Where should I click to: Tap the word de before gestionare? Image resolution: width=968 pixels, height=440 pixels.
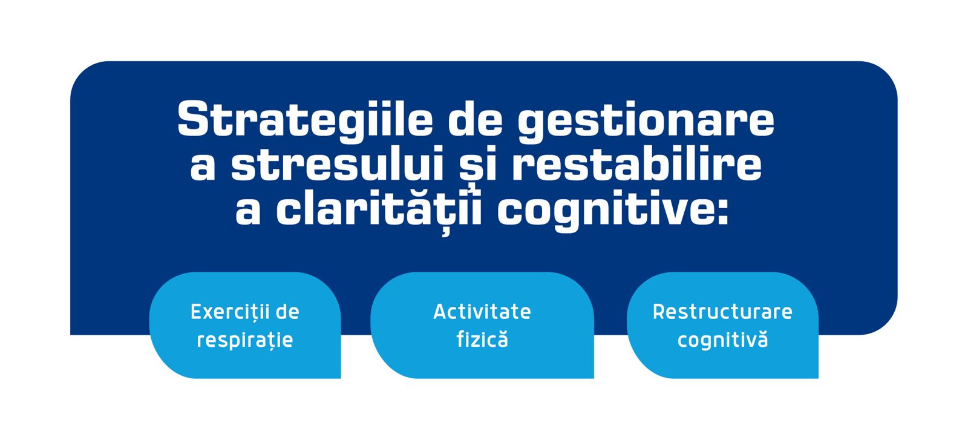(x=475, y=120)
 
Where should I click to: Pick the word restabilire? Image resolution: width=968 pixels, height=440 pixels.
(x=636, y=165)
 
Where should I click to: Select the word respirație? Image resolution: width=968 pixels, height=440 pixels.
(x=244, y=340)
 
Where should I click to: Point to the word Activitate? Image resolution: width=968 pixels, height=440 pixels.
(x=482, y=312)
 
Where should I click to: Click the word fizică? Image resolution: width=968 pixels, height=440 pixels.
(x=482, y=340)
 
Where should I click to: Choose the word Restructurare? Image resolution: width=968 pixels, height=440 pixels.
(x=722, y=312)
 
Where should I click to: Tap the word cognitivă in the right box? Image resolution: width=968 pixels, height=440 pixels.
(x=722, y=340)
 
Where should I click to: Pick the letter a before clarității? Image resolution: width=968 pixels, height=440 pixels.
(x=247, y=212)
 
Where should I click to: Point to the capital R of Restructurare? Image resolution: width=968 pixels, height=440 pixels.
(x=659, y=312)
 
